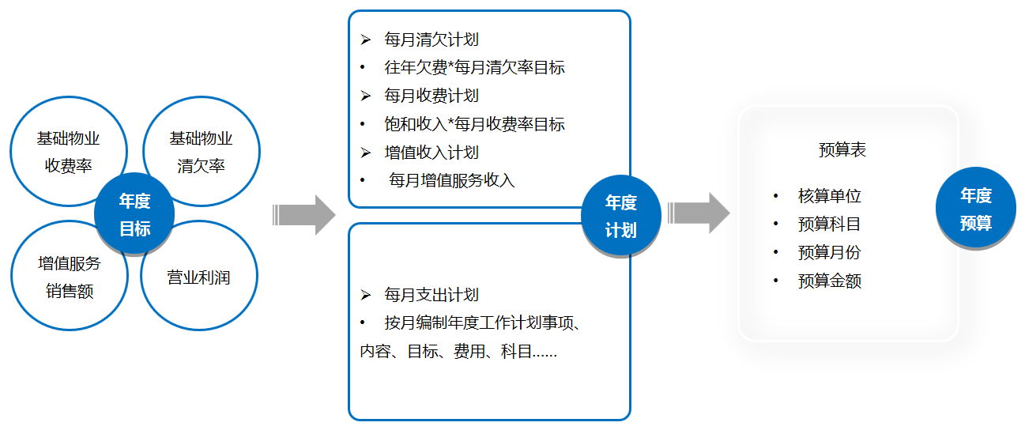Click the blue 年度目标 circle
[134, 213]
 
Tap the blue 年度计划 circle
[621, 216]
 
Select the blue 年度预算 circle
[975, 208]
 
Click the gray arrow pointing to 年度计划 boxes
[303, 215]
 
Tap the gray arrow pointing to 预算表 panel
[699, 213]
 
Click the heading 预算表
[842, 149]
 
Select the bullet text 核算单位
[829, 196]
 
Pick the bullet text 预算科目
[829, 224]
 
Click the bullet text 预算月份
[829, 252]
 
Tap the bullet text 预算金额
[829, 281]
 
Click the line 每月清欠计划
[431, 40]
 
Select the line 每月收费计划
[431, 96]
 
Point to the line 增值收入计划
[431, 153]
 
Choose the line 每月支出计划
[431, 295]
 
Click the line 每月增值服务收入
[451, 181]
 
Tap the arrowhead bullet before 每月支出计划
[365, 295]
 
